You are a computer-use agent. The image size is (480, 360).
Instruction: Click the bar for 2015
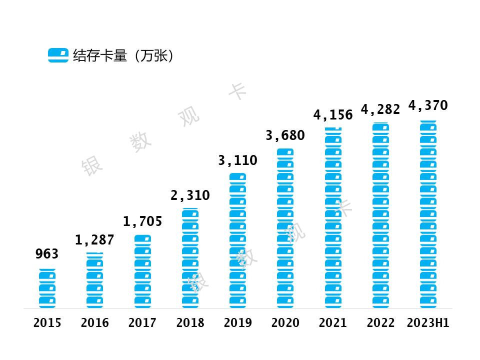pyautogui.click(x=47, y=288)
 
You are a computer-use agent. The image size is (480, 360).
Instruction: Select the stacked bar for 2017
pyautogui.click(x=142, y=271)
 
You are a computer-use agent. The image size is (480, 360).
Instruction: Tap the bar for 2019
pyautogui.click(x=237, y=240)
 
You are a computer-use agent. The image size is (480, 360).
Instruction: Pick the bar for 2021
pyautogui.click(x=333, y=217)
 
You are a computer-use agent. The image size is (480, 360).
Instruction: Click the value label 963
pyautogui.click(x=47, y=254)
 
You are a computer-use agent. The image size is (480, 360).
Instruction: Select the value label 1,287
pyautogui.click(x=94, y=240)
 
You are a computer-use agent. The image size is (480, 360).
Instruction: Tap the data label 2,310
pyautogui.click(x=190, y=195)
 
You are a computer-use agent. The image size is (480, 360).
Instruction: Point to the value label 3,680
pyautogui.click(x=285, y=135)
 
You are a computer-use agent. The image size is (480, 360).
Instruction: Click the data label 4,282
pyautogui.click(x=380, y=109)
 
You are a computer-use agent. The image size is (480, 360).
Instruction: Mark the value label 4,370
pyautogui.click(x=428, y=105)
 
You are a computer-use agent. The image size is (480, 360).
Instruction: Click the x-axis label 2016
pyautogui.click(x=94, y=323)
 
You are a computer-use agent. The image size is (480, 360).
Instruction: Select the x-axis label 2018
pyautogui.click(x=190, y=323)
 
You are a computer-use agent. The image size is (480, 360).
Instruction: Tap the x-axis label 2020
pyautogui.click(x=285, y=323)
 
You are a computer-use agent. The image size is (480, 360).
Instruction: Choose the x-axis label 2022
pyautogui.click(x=380, y=323)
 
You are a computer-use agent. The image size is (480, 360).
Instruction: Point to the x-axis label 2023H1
pyautogui.click(x=428, y=323)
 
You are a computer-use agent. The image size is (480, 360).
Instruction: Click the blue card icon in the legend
pyautogui.click(x=58, y=55)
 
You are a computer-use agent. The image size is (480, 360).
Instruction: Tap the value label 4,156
pyautogui.click(x=333, y=115)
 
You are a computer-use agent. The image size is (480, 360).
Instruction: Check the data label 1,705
pyautogui.click(x=142, y=221)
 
